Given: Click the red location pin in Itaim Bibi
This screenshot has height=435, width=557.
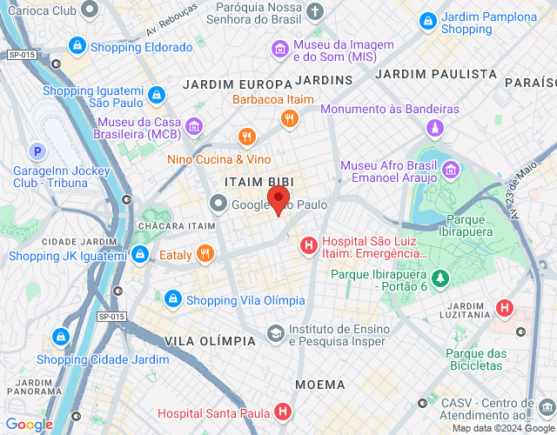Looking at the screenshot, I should tap(278, 199).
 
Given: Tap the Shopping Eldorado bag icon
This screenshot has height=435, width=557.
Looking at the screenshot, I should tap(77, 46).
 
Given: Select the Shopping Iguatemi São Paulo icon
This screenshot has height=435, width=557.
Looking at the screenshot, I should tap(156, 94).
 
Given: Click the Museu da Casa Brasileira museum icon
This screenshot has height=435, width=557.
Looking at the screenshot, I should tap(194, 129).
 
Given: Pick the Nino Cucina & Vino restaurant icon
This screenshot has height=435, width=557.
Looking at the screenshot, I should tap(247, 137).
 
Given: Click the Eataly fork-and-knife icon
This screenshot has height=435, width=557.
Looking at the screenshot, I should tap(205, 255).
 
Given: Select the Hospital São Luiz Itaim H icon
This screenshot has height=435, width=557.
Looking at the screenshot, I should tap(307, 247).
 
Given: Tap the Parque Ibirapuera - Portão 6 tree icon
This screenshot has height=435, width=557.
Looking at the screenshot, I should tap(442, 278).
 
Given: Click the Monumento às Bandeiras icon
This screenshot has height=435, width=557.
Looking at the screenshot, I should tap(434, 129).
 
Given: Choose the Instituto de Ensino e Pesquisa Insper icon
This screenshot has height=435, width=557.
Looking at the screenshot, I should tap(275, 333).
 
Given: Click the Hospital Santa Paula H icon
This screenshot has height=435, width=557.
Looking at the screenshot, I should tap(282, 412).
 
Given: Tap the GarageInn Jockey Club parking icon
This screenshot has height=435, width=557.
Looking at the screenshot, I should tap(37, 151).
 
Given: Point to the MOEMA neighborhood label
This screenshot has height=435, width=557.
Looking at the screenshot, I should tap(319, 384).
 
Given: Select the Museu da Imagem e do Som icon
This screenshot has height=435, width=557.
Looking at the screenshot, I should tap(281, 49).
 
